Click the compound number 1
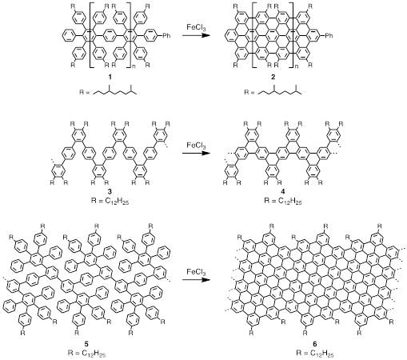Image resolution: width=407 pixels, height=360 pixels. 110,77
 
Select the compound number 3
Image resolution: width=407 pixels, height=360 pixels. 110,191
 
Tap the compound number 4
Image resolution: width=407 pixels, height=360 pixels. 283,191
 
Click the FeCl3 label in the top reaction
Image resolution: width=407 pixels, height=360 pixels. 196,27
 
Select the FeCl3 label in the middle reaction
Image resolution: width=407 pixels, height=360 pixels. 196,146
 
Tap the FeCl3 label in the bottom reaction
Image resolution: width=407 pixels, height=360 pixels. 196,272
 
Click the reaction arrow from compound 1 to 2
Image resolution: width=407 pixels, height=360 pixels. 195,35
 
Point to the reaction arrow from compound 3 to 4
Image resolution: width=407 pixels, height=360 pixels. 195,153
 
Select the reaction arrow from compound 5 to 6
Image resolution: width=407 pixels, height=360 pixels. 195,280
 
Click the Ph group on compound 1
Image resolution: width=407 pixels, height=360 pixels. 166,35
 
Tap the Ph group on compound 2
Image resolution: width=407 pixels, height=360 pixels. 329,35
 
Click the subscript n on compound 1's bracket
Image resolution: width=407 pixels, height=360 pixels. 134,66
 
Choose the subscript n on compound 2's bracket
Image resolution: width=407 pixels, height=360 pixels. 297,66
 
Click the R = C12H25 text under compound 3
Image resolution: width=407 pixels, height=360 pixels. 110,201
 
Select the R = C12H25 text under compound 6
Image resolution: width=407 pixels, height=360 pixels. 315,354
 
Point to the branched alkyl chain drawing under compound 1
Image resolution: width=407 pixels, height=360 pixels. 115,90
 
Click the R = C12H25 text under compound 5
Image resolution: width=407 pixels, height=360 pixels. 86,354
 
